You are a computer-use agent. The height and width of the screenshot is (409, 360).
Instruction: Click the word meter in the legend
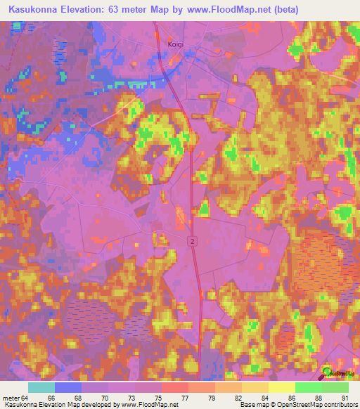(x=11, y=398)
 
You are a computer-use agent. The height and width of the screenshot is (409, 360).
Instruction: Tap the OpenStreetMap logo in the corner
(x=329, y=372)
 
